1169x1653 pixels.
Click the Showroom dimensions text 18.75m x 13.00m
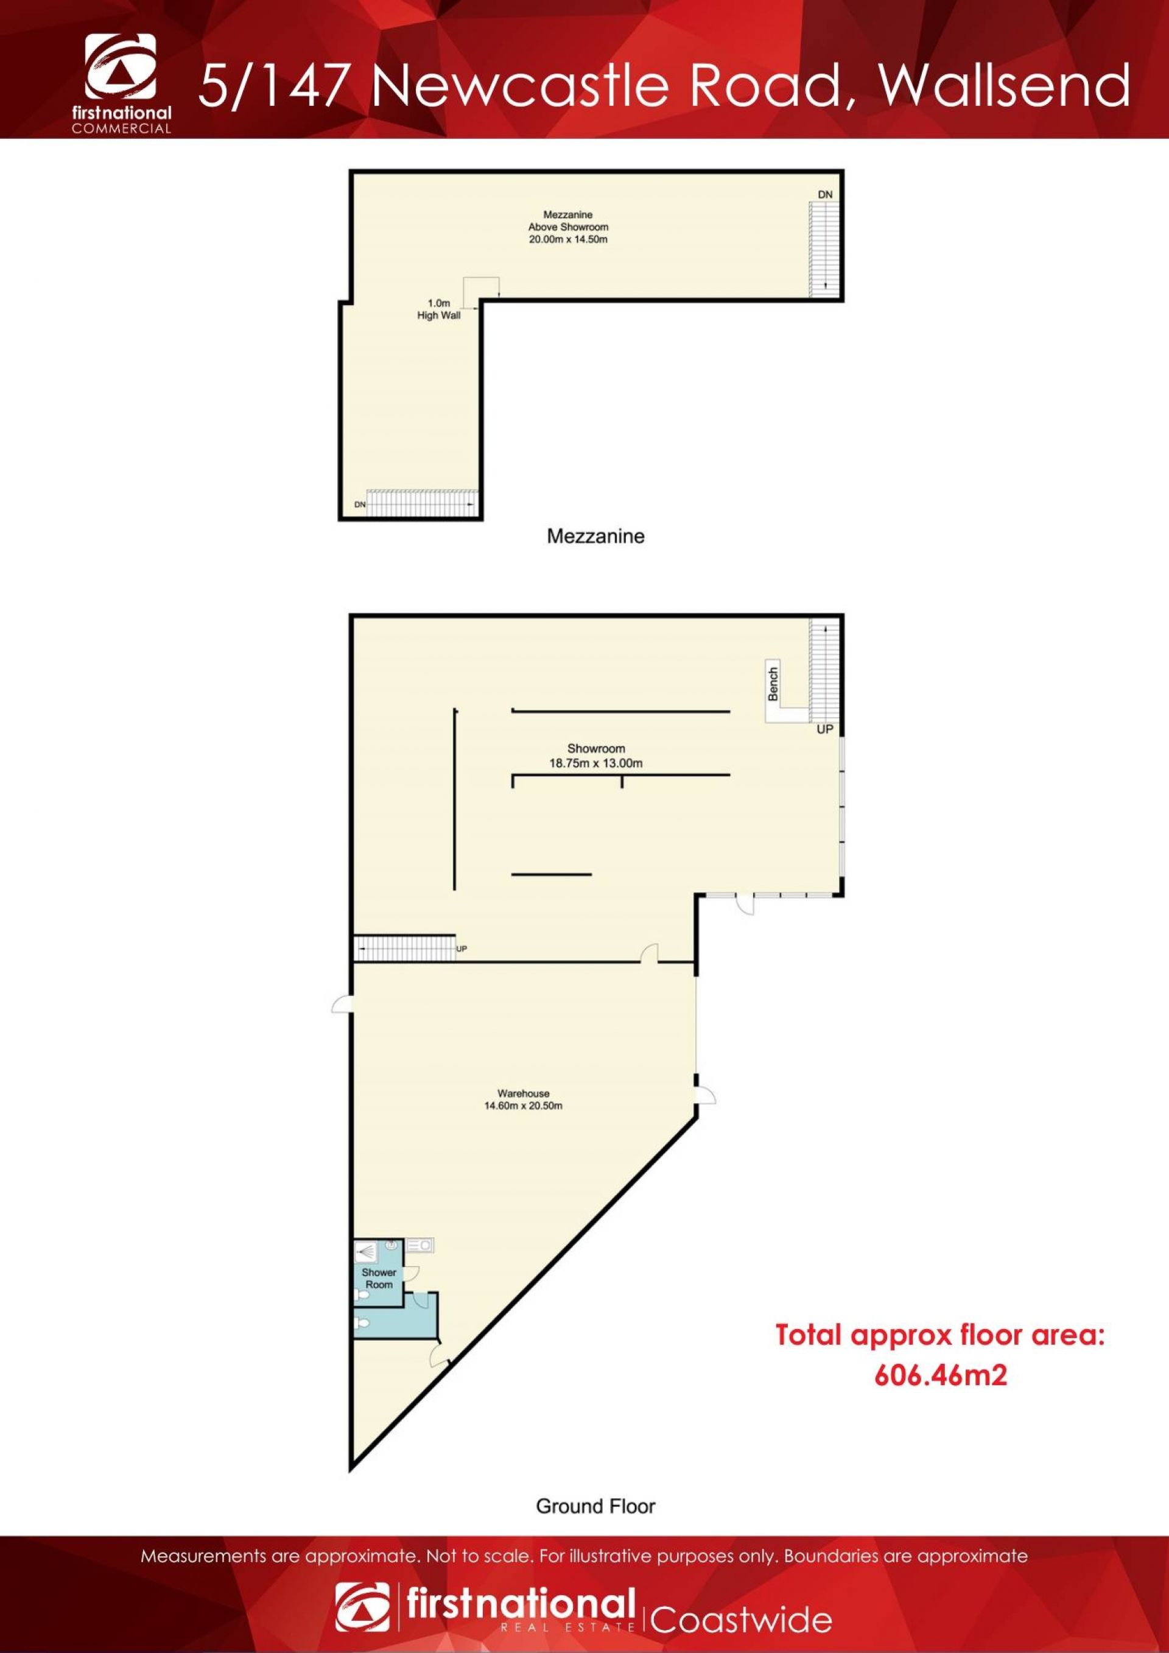pyautogui.click(x=596, y=763)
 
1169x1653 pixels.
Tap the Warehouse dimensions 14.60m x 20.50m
pyautogui.click(x=524, y=1105)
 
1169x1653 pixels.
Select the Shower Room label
pyautogui.click(x=379, y=1279)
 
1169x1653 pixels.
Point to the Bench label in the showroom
pyautogui.click(x=773, y=684)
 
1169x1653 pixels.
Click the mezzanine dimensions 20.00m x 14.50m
pyautogui.click(x=568, y=239)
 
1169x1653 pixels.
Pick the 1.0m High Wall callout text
pyautogui.click(x=439, y=309)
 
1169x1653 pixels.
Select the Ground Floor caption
pyautogui.click(x=595, y=1506)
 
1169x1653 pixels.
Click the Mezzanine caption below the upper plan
pyautogui.click(x=595, y=536)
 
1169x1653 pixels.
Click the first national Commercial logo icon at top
pyautogui.click(x=120, y=66)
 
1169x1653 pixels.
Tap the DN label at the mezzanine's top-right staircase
pyautogui.click(x=825, y=194)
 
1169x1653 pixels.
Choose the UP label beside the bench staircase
pyautogui.click(x=825, y=729)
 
